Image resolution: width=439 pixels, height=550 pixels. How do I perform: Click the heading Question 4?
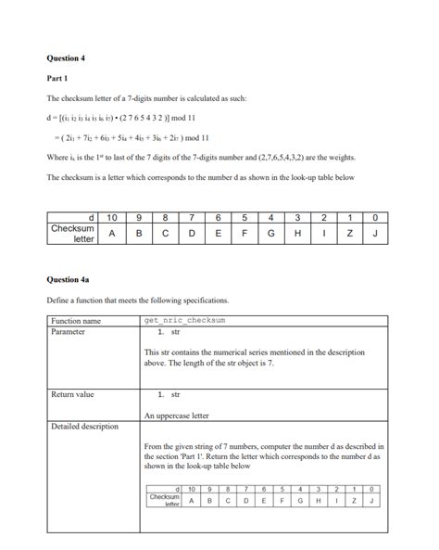(x=66, y=58)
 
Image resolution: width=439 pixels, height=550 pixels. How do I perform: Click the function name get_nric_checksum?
(x=185, y=321)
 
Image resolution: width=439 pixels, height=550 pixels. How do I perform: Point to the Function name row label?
(x=76, y=321)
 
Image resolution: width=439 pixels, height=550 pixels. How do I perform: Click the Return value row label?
(x=72, y=395)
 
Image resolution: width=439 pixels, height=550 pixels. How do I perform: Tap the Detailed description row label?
(x=84, y=427)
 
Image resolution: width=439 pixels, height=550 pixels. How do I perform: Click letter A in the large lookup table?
(x=112, y=234)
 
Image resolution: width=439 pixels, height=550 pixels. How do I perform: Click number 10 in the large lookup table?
(x=112, y=218)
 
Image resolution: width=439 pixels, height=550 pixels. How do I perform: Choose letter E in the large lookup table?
(x=217, y=234)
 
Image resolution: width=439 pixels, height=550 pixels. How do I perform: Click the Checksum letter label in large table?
(x=73, y=233)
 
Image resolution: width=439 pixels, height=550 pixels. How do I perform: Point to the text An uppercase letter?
(x=177, y=416)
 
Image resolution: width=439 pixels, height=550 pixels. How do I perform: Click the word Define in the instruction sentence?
(x=57, y=301)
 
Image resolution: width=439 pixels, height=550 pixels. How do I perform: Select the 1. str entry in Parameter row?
(x=169, y=331)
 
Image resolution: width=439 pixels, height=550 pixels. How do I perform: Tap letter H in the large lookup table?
(x=295, y=234)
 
